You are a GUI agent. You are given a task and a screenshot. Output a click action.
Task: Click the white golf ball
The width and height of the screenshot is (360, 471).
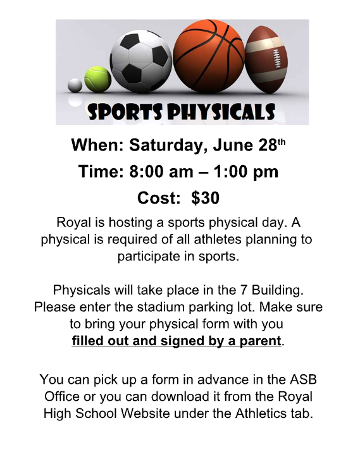(x=75, y=85)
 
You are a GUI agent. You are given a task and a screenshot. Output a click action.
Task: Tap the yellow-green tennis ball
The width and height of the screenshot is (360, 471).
(x=97, y=79)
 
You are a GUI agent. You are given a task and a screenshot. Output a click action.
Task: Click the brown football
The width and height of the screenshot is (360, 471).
(x=266, y=59)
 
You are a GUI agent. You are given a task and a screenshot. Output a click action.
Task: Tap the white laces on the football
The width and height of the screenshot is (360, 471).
(x=275, y=59)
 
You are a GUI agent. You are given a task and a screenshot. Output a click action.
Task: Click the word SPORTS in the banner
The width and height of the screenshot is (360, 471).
(x=125, y=112)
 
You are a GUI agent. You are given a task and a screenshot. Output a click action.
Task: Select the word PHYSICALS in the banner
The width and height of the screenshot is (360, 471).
(x=221, y=112)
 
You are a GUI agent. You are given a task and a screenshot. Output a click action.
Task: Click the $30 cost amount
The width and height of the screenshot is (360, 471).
(x=205, y=198)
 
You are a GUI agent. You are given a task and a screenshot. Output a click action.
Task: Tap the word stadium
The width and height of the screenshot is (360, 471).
(x=161, y=307)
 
